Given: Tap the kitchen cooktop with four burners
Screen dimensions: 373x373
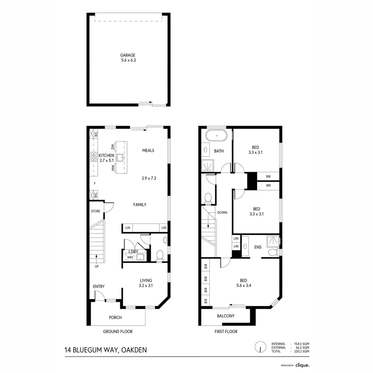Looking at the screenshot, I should pyautogui.click(x=93, y=157).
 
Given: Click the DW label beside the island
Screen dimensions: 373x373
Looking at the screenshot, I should pyautogui.click(x=113, y=147).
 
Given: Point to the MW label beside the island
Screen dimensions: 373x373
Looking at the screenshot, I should pyautogui.click(x=113, y=168).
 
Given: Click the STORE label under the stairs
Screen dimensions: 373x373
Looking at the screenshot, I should pyautogui.click(x=96, y=211).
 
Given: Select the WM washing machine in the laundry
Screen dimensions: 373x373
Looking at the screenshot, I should pyautogui.click(x=130, y=257).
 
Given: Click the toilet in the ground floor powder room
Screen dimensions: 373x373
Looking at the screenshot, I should pyautogui.click(x=160, y=255).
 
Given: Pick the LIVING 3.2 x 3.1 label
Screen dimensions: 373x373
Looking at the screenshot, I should pyautogui.click(x=146, y=283).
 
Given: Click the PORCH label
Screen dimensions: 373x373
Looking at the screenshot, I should pyautogui.click(x=115, y=317).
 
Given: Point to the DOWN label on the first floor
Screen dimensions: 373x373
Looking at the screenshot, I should pyautogui.click(x=222, y=212).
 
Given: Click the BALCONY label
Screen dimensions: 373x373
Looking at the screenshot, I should pyautogui.click(x=226, y=316).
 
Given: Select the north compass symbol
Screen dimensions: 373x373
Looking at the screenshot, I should pyautogui.click(x=260, y=347).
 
